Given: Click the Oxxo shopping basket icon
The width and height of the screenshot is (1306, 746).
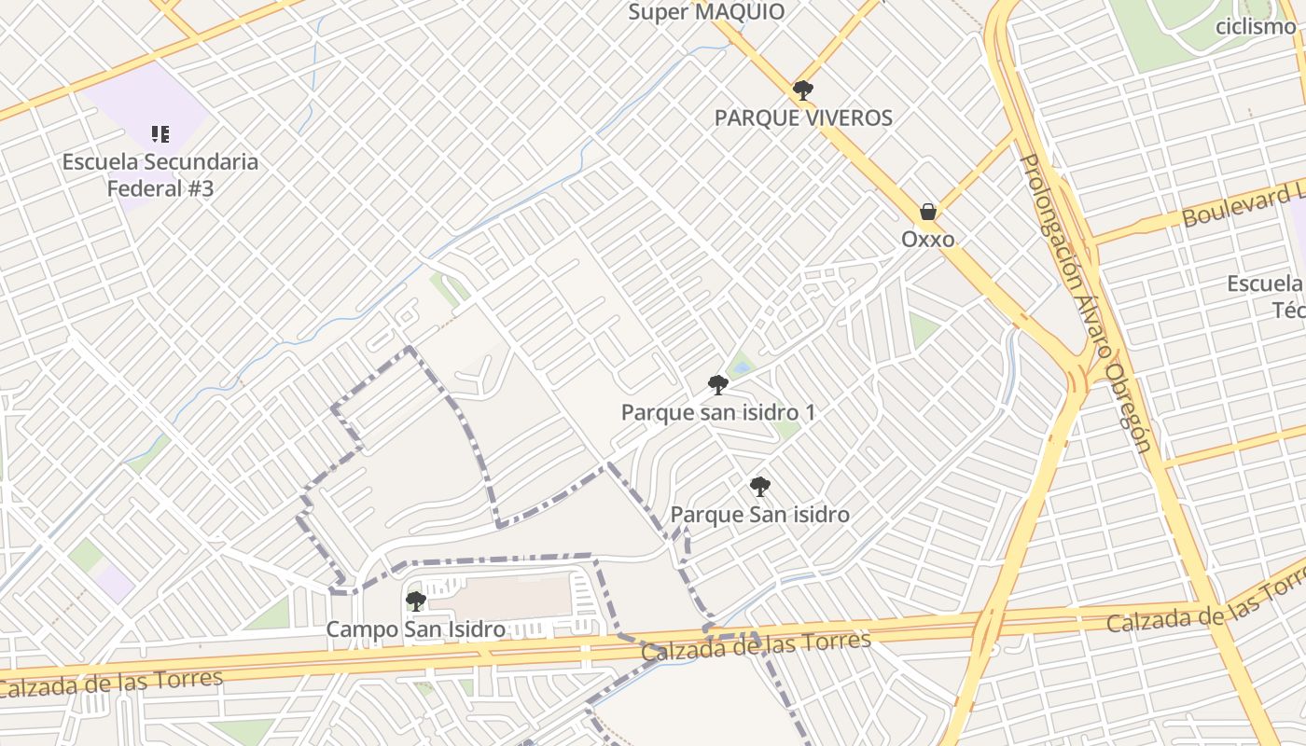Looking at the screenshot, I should [x=927, y=212].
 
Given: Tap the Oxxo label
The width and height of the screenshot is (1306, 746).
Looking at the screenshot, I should [x=927, y=240].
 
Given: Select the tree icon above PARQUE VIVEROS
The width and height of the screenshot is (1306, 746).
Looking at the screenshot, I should [x=802, y=90].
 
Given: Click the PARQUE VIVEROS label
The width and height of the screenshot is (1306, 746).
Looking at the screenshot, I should [x=803, y=117].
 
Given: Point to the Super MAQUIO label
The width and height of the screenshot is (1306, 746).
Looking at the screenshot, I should [x=706, y=12].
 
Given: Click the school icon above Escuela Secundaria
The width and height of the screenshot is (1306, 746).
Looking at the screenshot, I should [x=160, y=134].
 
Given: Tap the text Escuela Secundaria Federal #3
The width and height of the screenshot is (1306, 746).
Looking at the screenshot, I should [x=160, y=174].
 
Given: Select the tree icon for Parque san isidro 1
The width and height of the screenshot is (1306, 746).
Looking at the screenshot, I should [x=717, y=384].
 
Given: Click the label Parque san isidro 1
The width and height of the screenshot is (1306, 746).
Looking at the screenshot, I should [x=718, y=412].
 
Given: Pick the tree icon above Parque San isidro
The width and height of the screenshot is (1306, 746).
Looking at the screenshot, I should [x=760, y=486].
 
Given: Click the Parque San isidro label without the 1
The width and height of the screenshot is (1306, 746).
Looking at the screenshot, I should [x=760, y=515].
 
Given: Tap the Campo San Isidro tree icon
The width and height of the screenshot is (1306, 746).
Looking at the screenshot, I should [x=416, y=601].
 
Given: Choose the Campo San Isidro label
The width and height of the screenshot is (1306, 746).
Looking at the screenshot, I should [x=416, y=629].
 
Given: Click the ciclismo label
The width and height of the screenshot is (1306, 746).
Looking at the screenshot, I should [x=1256, y=26].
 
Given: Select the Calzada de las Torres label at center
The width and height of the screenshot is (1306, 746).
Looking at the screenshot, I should [x=756, y=645].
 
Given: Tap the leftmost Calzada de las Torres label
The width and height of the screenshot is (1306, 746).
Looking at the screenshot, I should [x=111, y=684].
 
